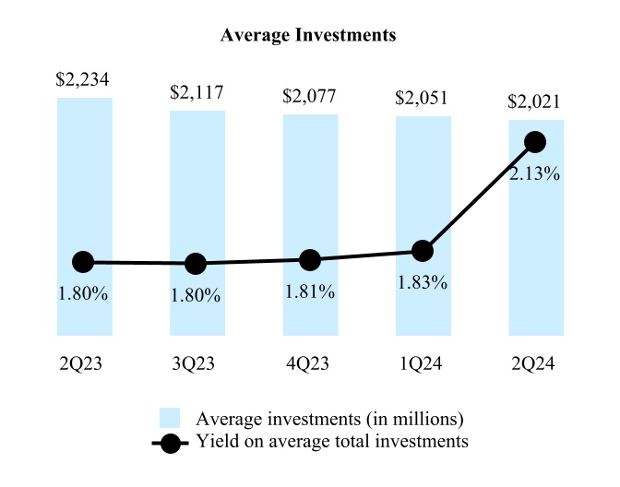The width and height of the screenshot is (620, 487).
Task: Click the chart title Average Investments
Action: [x=309, y=36]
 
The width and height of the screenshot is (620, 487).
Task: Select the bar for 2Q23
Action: [x=84, y=184]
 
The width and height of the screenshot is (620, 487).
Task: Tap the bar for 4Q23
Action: [x=310, y=184]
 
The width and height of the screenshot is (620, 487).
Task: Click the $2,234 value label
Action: [x=83, y=80]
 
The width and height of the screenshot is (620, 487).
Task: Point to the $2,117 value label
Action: [x=197, y=93]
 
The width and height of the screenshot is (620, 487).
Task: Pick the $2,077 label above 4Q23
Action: [x=310, y=96]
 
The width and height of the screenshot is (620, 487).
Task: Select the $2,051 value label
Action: [x=423, y=99]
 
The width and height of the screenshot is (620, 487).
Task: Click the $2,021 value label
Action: [x=536, y=101]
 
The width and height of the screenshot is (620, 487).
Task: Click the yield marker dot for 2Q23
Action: [x=83, y=262]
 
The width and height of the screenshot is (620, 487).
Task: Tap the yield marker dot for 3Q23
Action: [x=196, y=264]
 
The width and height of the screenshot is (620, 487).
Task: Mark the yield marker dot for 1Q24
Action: [x=423, y=250]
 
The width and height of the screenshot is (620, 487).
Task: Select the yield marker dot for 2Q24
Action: [x=535, y=141]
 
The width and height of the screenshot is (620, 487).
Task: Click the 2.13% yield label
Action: [x=535, y=172]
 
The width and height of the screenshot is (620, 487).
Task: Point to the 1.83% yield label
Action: [x=423, y=282]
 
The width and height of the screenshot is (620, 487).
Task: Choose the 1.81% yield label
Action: [x=310, y=291]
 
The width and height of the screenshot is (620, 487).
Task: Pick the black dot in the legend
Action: [x=172, y=442]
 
